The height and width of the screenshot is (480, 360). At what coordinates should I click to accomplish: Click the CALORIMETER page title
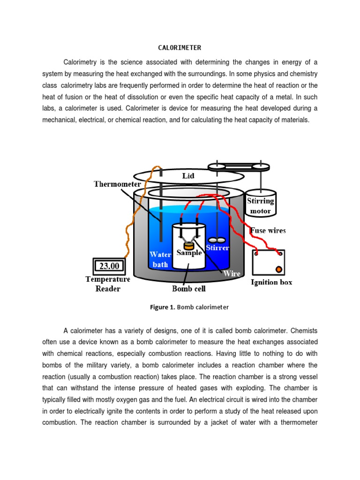pyautogui.click(x=180, y=48)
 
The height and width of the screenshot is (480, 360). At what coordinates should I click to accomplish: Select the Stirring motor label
pyautogui.click(x=261, y=206)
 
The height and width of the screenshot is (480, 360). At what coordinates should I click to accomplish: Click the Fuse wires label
pyautogui.click(x=268, y=230)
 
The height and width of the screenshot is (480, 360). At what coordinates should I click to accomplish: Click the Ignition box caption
pyautogui.click(x=272, y=282)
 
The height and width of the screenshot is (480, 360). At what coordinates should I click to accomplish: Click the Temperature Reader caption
pyautogui.click(x=108, y=284)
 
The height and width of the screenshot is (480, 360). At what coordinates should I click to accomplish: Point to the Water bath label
pyautogui.click(x=160, y=259)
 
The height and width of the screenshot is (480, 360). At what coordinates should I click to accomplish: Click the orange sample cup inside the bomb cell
pyautogui.click(x=188, y=245)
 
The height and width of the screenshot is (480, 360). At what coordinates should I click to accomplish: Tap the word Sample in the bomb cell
pyautogui.click(x=189, y=253)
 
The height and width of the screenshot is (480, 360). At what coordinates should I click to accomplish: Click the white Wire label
pyautogui.click(x=232, y=273)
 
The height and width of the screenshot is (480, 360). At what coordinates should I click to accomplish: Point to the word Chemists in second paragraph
pyautogui.click(x=305, y=331)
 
